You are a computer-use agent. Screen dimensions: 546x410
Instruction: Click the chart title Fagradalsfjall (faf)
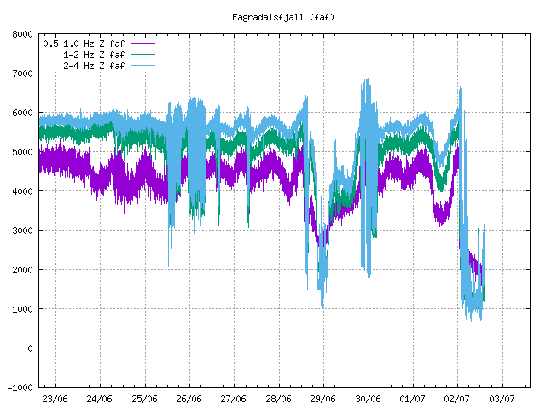(283, 17)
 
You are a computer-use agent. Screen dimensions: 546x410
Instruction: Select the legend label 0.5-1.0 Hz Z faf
(84, 44)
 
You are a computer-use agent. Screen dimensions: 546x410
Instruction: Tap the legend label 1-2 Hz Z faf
(94, 55)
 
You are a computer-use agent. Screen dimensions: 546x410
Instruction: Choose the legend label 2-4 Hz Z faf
(94, 66)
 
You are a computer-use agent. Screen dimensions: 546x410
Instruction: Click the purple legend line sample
(142, 44)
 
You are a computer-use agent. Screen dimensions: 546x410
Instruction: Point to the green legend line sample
(142, 55)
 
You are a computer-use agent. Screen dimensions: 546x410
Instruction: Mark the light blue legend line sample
(142, 66)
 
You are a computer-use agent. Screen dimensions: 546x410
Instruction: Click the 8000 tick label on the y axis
(22, 34)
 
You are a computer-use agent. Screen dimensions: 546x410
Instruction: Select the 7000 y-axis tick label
(22, 73)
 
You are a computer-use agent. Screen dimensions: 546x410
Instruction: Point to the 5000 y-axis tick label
(22, 152)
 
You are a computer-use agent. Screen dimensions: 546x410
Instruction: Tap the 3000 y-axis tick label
(22, 231)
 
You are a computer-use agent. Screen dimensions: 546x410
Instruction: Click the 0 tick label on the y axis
(31, 348)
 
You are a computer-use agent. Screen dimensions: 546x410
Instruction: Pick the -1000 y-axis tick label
(20, 388)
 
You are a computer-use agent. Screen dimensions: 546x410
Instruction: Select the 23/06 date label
(55, 399)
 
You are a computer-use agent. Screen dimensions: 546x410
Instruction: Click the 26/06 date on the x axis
(189, 399)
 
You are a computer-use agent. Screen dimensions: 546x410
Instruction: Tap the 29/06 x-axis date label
(323, 399)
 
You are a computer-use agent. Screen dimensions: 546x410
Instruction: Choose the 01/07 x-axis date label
(413, 399)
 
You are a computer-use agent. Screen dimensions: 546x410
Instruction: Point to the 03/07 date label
(502, 399)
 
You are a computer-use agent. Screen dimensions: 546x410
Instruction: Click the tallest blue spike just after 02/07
(462, 75)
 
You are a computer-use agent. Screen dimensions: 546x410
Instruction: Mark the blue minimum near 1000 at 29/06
(322, 307)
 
